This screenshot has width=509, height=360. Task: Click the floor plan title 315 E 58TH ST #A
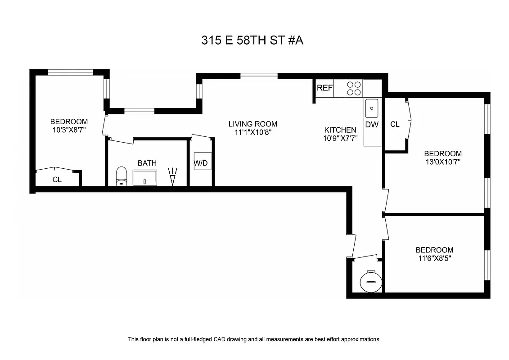[x=252, y=40]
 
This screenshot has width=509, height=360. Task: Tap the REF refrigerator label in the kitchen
[x=324, y=88]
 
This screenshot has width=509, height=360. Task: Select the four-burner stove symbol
[x=354, y=88]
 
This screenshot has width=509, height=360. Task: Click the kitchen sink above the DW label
[x=372, y=108]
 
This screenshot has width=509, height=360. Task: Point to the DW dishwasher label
[x=372, y=125]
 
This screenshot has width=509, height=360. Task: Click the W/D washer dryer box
[x=201, y=163]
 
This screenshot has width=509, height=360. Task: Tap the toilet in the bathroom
[x=121, y=176]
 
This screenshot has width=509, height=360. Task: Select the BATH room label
[x=147, y=163]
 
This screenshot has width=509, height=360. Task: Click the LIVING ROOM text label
[x=252, y=124]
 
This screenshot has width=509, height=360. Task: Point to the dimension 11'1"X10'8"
[x=252, y=132]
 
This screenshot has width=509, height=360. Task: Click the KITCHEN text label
[x=340, y=130]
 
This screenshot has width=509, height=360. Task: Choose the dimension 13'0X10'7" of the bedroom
[x=442, y=162]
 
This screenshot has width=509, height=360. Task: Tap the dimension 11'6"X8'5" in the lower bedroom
[x=434, y=258]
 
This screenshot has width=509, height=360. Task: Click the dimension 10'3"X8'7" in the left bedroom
[x=68, y=130]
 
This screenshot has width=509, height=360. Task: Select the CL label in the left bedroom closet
[x=57, y=179]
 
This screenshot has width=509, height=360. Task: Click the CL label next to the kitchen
[x=395, y=124]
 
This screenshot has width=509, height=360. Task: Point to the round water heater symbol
[x=371, y=282]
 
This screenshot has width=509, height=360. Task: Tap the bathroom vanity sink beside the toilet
[x=145, y=179]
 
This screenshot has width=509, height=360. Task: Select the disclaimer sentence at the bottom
[x=254, y=339]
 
